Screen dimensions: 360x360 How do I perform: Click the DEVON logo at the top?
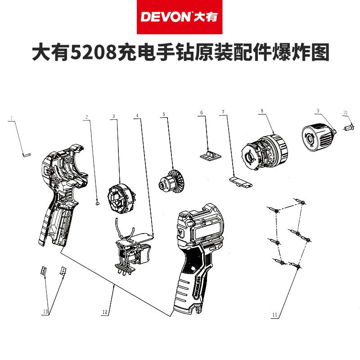click(x=180, y=17)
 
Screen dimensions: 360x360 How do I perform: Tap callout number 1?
click(x=11, y=117)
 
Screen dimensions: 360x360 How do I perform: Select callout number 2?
click(x=86, y=117)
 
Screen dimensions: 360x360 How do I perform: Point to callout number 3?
click(x=114, y=116)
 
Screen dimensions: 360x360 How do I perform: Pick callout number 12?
click(x=105, y=311)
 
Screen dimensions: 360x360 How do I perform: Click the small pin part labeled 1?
click(x=26, y=154)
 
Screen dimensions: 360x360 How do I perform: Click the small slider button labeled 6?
click(x=210, y=155)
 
